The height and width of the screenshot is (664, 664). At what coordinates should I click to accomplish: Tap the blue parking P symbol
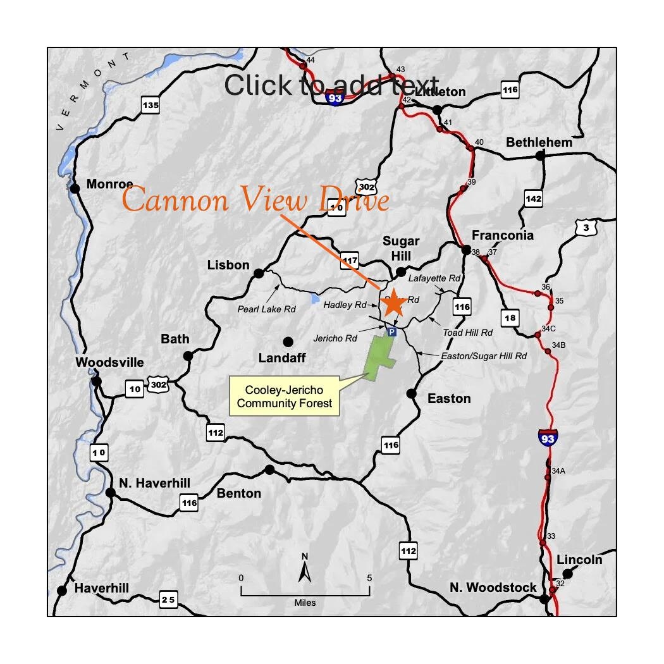[391, 331]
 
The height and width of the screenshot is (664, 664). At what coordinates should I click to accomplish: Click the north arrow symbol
[305, 569]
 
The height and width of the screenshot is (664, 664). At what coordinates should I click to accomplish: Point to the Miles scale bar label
[305, 603]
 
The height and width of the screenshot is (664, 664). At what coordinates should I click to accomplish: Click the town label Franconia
[503, 235]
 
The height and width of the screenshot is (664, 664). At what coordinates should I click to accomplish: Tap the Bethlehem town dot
[539, 156]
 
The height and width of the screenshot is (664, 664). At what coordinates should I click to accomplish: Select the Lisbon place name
[228, 265]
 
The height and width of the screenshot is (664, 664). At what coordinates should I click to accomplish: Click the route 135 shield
[151, 105]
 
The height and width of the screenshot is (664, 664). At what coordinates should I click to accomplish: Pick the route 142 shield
[534, 199]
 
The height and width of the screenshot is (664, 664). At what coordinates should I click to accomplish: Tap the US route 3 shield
[586, 228]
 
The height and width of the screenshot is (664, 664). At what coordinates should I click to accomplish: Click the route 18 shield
[510, 317]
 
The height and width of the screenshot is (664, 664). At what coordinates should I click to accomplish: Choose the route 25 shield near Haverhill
[168, 599]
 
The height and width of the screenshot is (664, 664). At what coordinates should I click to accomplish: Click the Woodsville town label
[109, 363]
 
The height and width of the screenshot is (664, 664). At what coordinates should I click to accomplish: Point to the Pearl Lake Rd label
[266, 309]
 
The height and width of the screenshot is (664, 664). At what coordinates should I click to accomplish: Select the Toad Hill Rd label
[467, 332]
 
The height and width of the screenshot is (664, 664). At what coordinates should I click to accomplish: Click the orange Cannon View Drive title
[255, 200]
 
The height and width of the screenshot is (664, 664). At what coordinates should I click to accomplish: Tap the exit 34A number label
[558, 471]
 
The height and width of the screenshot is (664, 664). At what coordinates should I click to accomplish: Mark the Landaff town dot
[288, 341]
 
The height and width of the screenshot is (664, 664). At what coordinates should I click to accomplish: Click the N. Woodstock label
[493, 587]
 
